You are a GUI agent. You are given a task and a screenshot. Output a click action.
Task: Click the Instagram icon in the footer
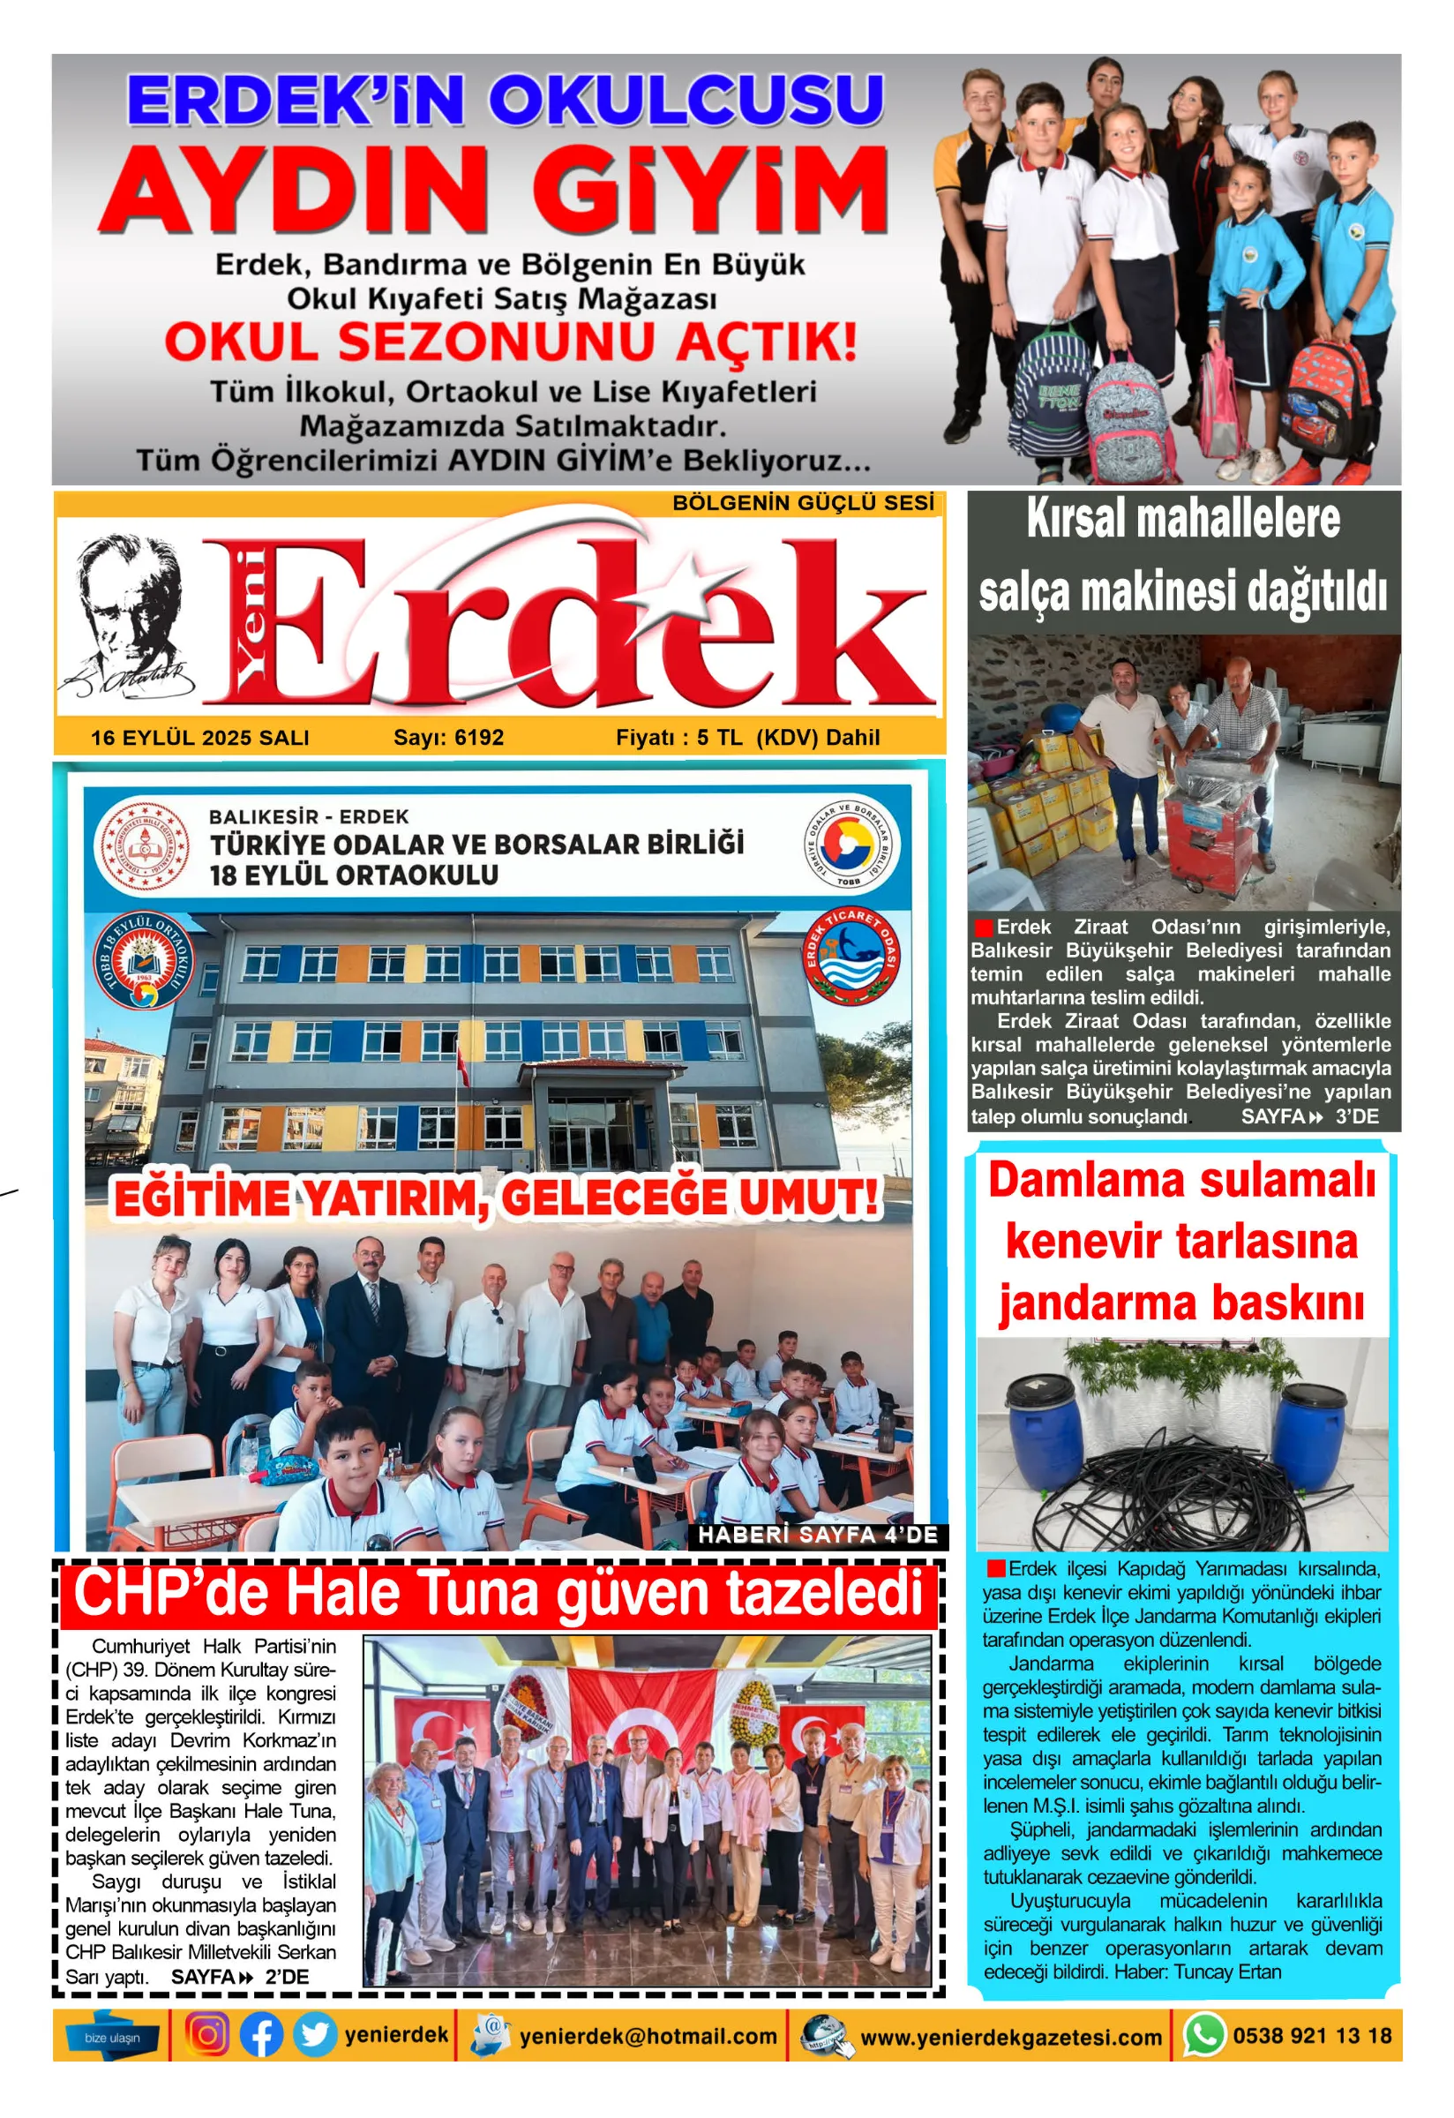(207, 2034)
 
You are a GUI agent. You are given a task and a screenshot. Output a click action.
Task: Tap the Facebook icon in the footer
(261, 2035)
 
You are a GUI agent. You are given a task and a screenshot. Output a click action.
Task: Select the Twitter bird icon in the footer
(314, 2035)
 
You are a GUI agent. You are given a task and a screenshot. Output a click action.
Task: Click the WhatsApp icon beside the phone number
(1203, 2035)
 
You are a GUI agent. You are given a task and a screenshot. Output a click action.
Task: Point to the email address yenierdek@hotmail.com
(648, 2036)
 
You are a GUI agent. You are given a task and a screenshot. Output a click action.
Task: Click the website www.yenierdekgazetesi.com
(1011, 2037)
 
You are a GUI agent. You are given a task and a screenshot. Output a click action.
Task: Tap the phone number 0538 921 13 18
(1312, 2035)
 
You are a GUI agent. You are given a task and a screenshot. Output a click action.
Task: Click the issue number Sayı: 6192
(448, 737)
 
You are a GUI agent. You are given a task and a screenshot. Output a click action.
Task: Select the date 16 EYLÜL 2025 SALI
(199, 737)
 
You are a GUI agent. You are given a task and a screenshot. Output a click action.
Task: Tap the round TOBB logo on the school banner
(851, 843)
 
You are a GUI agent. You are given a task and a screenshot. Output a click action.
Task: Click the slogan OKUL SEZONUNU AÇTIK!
(510, 342)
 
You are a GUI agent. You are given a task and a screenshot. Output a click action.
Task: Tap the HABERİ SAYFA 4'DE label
(817, 1535)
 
